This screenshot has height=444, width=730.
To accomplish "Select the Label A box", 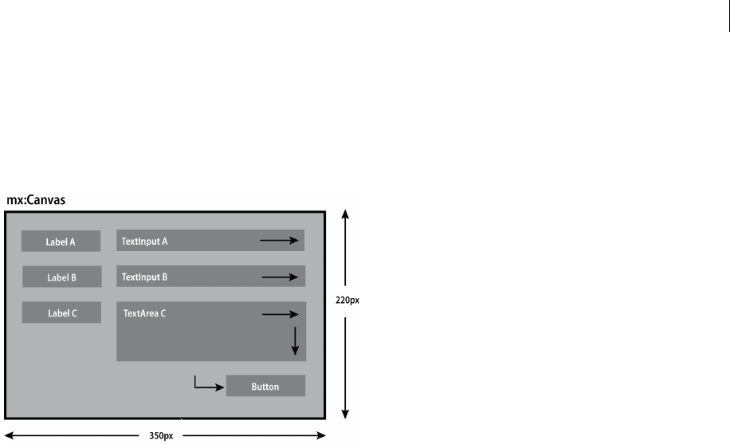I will point(61,242).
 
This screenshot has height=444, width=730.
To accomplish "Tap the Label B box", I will point(61,277).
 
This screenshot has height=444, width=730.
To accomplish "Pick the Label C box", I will point(61,313).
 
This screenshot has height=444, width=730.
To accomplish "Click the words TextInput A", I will point(144,241).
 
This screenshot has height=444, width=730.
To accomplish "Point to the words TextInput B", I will point(144,277).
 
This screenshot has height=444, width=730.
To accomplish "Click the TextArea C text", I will point(144,313).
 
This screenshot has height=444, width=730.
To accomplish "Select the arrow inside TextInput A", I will point(281,238).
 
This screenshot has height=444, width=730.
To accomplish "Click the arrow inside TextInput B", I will point(281,277).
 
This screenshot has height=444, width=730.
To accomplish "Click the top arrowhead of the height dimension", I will point(344,214).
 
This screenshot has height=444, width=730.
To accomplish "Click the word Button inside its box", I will point(265,387).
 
